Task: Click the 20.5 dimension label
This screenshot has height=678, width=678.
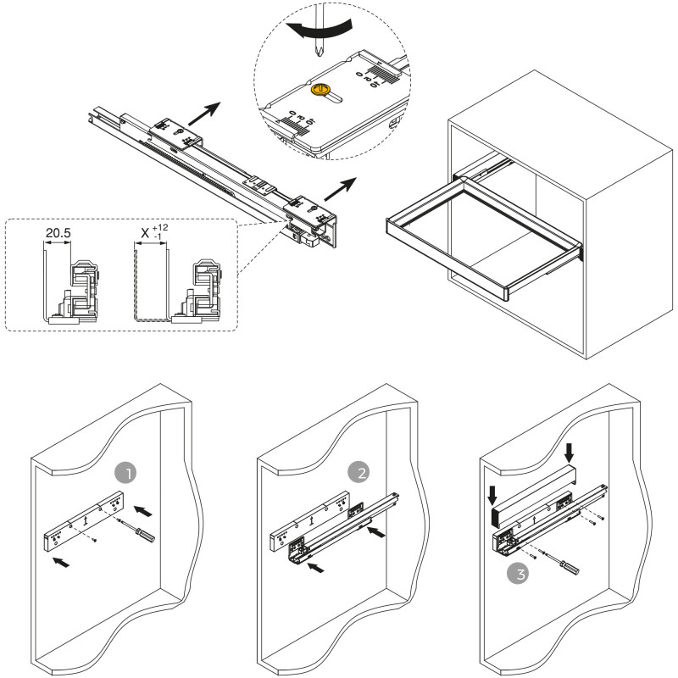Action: [x=58, y=231]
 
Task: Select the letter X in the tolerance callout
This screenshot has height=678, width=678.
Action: [x=144, y=232]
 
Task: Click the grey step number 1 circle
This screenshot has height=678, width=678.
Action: [x=125, y=471]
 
